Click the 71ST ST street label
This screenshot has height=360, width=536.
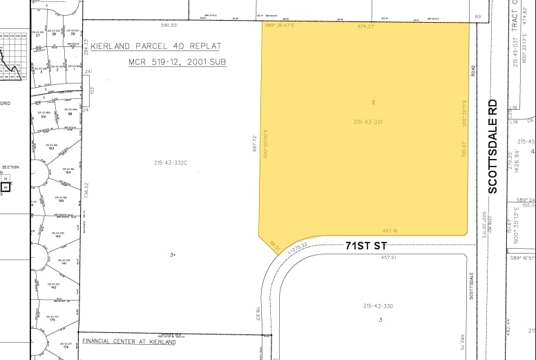coord(365,246)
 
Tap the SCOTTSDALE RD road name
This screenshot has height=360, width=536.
coord(492,146)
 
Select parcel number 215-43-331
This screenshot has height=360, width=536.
coord(368,122)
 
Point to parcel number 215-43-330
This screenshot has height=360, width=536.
coord(378,306)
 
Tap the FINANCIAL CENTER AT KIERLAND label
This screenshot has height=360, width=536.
coord(128,341)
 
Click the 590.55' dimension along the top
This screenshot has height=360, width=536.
coord(170,25)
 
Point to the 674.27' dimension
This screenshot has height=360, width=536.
coord(365,26)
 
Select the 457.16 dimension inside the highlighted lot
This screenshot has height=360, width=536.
coord(390,231)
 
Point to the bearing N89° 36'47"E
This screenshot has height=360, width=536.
coord(280,26)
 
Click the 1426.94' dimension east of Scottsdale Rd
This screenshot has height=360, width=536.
coord(515,163)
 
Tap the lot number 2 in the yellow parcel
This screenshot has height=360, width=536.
coord(373,102)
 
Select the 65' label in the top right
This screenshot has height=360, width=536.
coord(478,16)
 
